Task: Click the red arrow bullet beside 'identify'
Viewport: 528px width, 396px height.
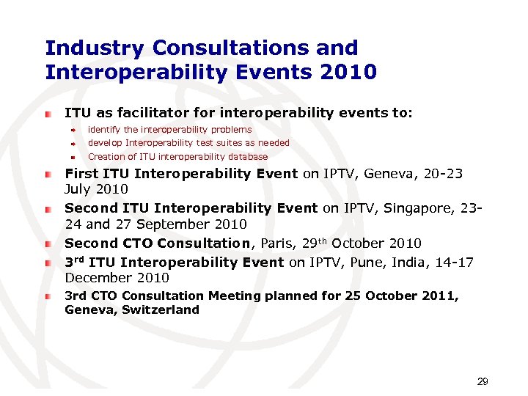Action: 73,130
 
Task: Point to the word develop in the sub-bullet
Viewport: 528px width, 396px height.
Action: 105,143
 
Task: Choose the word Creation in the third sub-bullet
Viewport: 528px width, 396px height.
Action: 106,156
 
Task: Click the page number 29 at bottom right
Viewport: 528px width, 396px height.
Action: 483,381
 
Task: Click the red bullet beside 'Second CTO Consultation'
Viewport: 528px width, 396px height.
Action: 48,243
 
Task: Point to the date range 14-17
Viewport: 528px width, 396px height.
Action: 461,262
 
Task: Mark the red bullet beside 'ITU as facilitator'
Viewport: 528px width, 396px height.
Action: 48,114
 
